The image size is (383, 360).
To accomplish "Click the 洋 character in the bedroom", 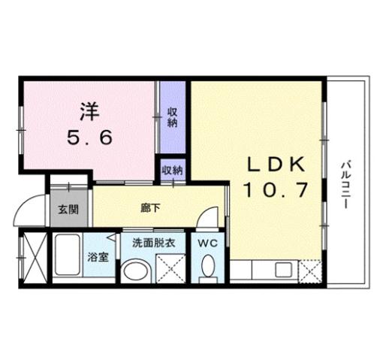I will coord(89,110).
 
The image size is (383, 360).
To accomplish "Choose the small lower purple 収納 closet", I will coord(172,170).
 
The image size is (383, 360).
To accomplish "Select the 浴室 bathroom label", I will coord(96,257).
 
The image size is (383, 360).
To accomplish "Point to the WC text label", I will coord(208,243).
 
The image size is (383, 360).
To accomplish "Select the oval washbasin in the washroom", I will coord(135,270).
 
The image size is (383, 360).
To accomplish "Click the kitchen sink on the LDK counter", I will coord(285,270).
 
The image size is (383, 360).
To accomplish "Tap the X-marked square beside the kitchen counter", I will coord(312,269).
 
